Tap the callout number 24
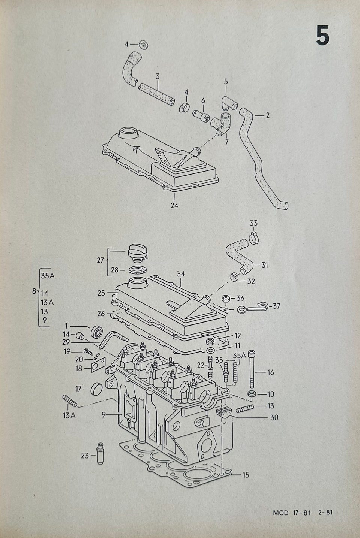pyautogui.click(x=174, y=205)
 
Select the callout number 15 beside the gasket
pyautogui.click(x=246, y=475)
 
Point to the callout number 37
pyautogui.click(x=277, y=306)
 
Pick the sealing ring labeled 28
pyautogui.click(x=136, y=270)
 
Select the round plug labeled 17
pyautogui.click(x=96, y=389)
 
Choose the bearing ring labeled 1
pyautogui.click(x=97, y=332)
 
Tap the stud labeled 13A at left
pyautogui.click(x=70, y=401)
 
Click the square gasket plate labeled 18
pyautogui.click(x=98, y=365)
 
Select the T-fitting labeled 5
pyautogui.click(x=229, y=102)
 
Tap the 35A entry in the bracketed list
pyautogui.click(x=48, y=276)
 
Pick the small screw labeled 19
pyautogui.click(x=88, y=352)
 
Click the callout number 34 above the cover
pyautogui.click(x=181, y=274)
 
